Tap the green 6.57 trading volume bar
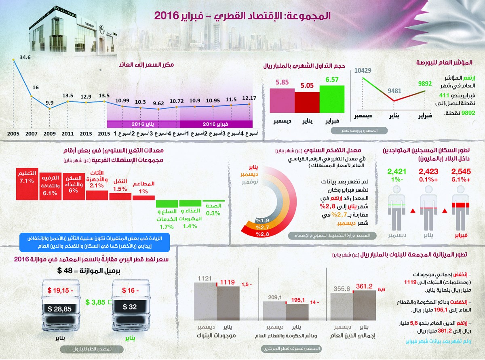(331, 99)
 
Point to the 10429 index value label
(363, 70)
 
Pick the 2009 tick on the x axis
(49, 133)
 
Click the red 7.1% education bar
(27, 184)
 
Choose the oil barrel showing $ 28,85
(60, 309)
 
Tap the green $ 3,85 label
(96, 302)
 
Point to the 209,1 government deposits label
(274, 297)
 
